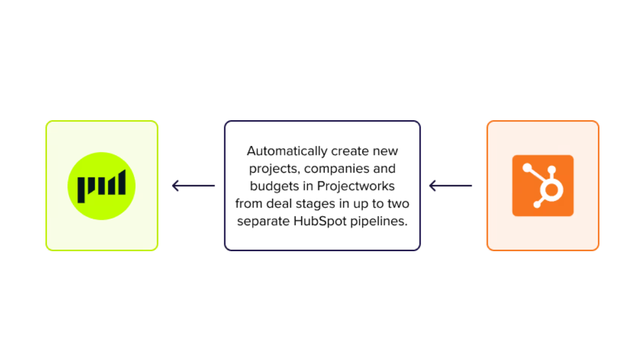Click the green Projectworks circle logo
pyautogui.click(x=101, y=186)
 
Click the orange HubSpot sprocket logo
pyautogui.click(x=543, y=186)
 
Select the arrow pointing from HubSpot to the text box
pyautogui.click(x=450, y=186)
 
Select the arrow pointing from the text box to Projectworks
pyautogui.click(x=193, y=186)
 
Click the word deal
pyautogui.click(x=276, y=204)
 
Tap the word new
pyautogui.click(x=387, y=151)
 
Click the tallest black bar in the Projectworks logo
pyautogui.click(x=122, y=182)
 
